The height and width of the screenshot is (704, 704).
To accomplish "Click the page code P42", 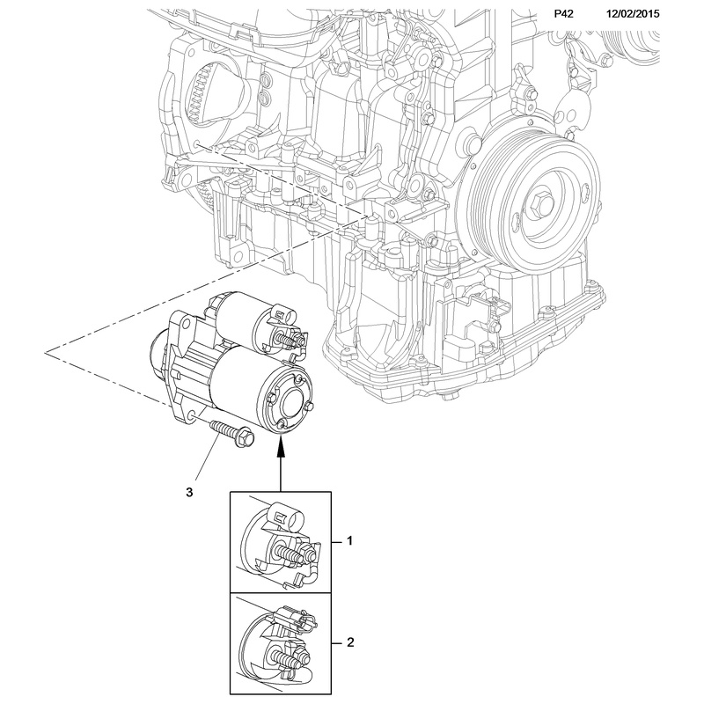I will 564,14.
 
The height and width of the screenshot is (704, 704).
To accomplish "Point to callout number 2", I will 349,644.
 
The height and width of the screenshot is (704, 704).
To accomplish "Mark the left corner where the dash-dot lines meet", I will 48,351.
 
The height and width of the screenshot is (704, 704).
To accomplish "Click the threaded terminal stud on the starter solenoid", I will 288,339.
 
